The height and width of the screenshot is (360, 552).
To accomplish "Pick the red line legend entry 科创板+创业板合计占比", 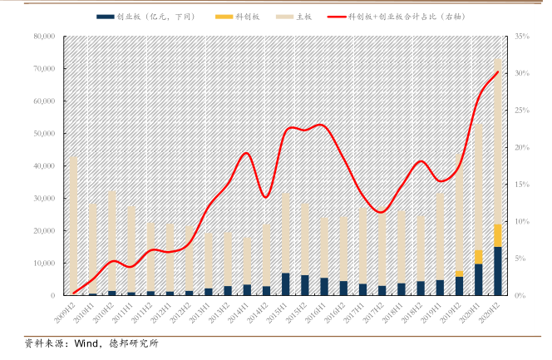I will pos(416,17).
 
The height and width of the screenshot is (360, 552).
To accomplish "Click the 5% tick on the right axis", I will pos(520,259).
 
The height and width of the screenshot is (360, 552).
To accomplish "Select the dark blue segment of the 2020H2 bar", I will pos(498,271).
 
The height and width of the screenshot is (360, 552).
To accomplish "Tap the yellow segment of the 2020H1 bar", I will pos(479,256).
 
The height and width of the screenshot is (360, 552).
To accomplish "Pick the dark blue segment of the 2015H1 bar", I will pos(286,284).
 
